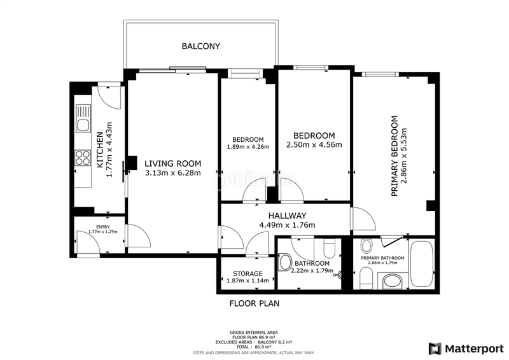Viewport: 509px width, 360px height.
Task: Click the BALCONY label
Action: coord(200,46)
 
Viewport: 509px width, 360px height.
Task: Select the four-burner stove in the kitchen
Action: coord(83,157)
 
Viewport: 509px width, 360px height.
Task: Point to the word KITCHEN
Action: coord(100,150)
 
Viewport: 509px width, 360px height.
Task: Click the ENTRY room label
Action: coord(102,227)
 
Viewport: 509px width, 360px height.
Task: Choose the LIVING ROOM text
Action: coord(172,162)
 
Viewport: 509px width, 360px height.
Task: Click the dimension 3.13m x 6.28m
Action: coord(172,172)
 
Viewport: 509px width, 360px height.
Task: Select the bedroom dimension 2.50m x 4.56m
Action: coord(314,145)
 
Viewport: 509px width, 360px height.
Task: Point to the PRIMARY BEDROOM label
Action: coord(394,155)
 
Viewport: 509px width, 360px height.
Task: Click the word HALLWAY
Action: coord(287,215)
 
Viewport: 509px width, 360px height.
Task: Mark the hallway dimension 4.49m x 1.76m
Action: coord(287,225)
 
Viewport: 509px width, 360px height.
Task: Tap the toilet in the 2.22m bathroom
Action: coord(330,247)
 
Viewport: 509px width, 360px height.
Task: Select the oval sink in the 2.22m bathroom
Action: coord(285,261)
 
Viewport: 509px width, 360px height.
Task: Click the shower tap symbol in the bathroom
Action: coord(344,275)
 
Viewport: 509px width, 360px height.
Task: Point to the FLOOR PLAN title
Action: coord(254,303)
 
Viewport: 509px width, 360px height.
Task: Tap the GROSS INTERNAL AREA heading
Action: coord(254,333)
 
